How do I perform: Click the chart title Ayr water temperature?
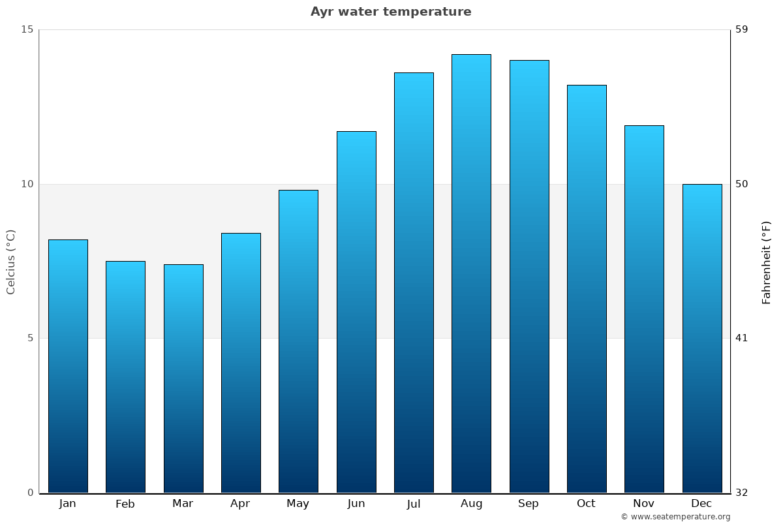coord(391,12)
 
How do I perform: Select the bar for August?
coord(471,274)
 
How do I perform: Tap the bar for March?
coord(183,378)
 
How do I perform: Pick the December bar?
coord(702,339)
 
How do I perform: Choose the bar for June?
coord(356,313)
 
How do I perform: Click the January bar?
coord(68,365)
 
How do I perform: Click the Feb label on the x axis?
coord(125,504)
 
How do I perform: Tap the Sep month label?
coord(529,504)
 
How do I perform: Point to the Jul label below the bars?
coord(414,504)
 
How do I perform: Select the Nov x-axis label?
coord(644,504)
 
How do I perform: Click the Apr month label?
coord(240,504)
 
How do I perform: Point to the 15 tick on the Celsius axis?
coord(27,29)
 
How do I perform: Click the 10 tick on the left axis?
coord(27,184)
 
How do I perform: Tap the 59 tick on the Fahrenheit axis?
coord(742,29)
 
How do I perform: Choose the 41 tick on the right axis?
coord(742,338)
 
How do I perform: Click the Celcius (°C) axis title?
coord(11,262)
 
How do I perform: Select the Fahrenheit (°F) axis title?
coord(767,262)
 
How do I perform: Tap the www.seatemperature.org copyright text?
coord(675,517)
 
